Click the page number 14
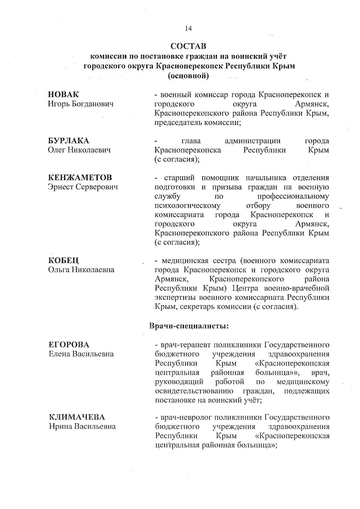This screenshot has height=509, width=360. (188, 29)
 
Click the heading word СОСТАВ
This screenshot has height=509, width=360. (188, 47)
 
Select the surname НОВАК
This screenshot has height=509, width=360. (63, 95)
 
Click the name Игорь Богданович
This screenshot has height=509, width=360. (81, 104)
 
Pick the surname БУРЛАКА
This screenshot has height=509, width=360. (69, 141)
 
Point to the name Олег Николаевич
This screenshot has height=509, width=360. (79, 150)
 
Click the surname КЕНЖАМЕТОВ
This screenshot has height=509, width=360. (80, 178)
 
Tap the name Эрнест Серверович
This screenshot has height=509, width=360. (83, 187)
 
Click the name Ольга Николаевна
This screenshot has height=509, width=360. (81, 270)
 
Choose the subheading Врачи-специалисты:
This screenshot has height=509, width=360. (189, 326)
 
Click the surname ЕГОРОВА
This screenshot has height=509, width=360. (69, 345)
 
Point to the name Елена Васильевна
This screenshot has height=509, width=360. (81, 354)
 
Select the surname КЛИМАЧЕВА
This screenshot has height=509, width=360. (77, 417)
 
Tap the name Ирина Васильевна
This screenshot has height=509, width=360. (82, 426)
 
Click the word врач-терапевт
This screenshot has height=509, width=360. (185, 345)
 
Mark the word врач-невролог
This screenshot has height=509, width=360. (185, 417)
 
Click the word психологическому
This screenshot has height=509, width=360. (187, 206)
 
